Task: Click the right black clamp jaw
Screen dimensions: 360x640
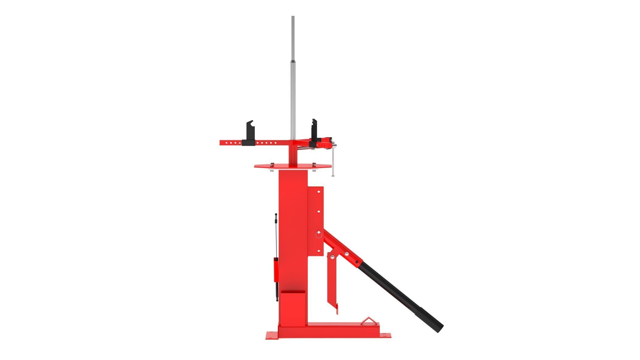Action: [314, 132]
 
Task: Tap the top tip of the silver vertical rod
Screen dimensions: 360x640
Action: [293, 17]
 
